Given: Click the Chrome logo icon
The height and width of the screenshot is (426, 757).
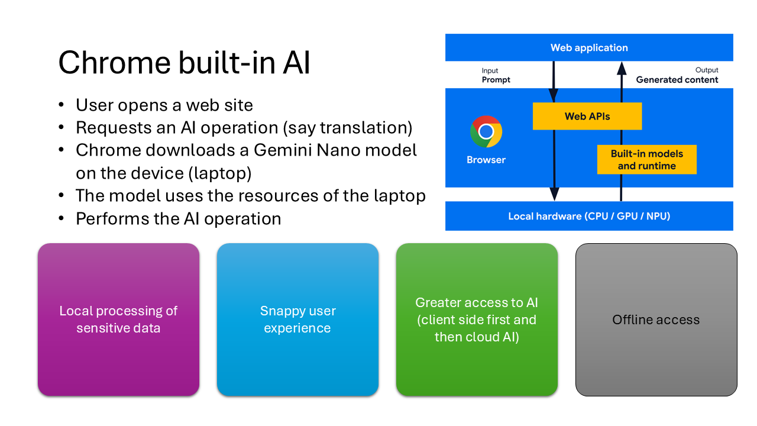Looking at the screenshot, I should (x=486, y=131).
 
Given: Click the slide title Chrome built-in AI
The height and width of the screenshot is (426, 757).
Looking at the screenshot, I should (x=184, y=63).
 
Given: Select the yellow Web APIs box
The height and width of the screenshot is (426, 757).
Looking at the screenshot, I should (x=587, y=116).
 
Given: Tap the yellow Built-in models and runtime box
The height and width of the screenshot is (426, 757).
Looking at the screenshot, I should (x=646, y=160).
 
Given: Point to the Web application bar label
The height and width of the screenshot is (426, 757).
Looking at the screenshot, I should (x=589, y=48).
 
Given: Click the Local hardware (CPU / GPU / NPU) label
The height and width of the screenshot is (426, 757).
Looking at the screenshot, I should (x=589, y=217).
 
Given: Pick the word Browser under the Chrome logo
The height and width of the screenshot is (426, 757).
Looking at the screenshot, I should (x=486, y=160).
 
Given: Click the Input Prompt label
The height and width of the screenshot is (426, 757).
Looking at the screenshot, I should (x=496, y=76).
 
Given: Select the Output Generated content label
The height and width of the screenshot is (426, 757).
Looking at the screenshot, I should (x=677, y=76).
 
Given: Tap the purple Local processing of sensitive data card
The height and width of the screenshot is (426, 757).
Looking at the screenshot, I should (x=118, y=319).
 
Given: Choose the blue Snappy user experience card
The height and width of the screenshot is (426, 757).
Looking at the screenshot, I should (x=297, y=319).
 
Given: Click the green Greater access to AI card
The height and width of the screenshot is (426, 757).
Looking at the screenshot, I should (x=477, y=319).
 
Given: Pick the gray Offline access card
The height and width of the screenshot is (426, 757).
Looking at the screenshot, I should (x=656, y=319).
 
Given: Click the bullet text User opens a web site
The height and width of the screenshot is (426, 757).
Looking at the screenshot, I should (x=164, y=105).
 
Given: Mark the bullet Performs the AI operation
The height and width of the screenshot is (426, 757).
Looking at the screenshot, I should (x=178, y=218).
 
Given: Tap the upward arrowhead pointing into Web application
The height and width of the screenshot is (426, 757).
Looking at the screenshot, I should (x=621, y=68).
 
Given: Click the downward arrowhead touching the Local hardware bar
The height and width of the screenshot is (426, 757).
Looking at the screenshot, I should (x=554, y=194).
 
